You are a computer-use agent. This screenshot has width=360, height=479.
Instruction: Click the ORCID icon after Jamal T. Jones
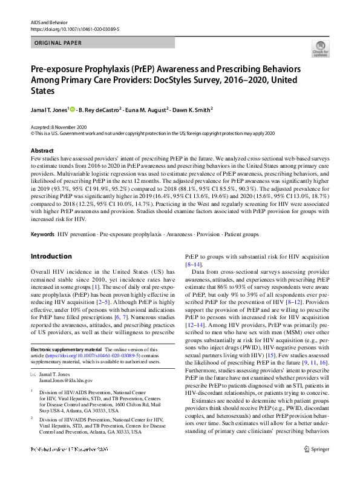73,110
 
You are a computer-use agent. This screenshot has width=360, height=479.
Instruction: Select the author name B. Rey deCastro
101,110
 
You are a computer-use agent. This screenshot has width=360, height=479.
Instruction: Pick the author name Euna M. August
146,110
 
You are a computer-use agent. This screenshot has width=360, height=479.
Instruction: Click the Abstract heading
42,151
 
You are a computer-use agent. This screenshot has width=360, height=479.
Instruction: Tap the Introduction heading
51,256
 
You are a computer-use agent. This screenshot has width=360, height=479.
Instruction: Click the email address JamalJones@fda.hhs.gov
66,381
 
